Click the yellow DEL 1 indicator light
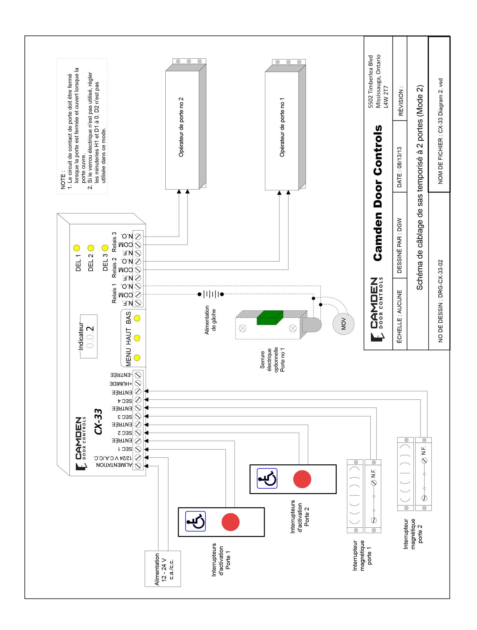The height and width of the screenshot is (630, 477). point(76,248)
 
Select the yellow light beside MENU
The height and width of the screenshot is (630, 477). point(137,358)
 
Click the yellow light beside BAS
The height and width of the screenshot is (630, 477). point(137,318)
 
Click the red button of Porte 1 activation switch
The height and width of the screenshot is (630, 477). point(231,522)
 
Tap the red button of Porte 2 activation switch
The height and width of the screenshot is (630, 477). point(302,479)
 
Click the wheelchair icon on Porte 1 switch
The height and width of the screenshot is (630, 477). point(196,521)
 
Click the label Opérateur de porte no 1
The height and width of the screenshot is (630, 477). point(282,127)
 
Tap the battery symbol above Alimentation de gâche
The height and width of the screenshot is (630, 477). point(211,294)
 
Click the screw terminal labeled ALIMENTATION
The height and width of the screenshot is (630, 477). point(138,466)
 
